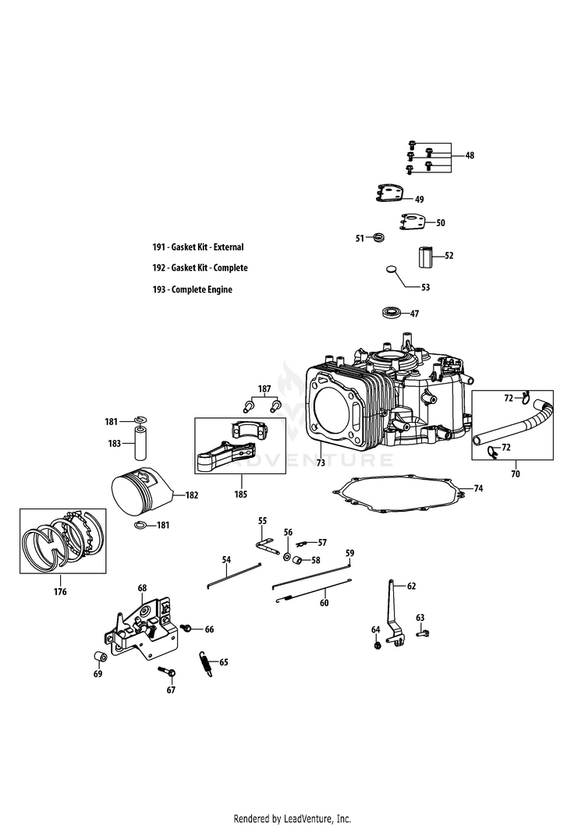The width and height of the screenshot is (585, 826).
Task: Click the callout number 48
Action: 470,155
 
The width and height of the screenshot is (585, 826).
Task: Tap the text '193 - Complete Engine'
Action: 193,289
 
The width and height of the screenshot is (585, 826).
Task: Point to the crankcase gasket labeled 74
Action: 399,495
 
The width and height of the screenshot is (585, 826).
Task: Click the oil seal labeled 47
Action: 392,313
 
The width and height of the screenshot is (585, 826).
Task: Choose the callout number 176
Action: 60,591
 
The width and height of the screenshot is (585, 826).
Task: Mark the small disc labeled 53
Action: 392,269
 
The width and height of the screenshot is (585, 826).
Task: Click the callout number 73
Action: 321,463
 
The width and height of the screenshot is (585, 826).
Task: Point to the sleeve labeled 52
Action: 427,257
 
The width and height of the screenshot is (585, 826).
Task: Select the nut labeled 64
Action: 377,645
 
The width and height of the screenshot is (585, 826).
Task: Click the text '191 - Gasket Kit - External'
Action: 198,247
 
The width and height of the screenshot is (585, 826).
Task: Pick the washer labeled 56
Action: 288,557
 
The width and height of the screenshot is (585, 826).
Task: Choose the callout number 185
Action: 241,495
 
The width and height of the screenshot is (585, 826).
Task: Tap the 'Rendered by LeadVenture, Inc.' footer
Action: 292,819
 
